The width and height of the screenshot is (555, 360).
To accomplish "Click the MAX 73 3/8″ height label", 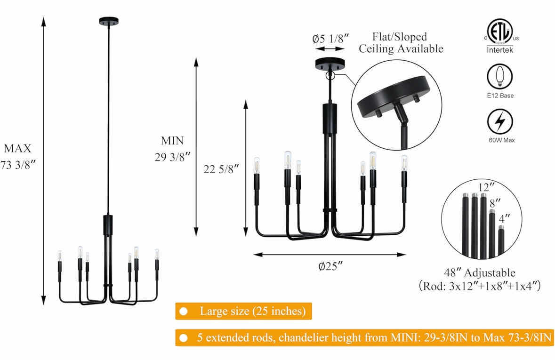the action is tap(18, 156).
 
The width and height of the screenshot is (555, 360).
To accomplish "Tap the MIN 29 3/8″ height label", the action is tap(172, 149).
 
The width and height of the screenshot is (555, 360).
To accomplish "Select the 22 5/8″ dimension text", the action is tap(221, 169).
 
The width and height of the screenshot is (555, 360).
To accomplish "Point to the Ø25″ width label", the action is tap(330, 266).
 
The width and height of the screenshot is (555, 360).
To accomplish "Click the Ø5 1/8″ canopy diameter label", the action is tap(330, 38).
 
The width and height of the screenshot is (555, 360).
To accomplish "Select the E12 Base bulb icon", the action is tap(500, 76).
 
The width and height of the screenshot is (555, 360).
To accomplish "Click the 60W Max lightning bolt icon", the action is tap(500, 121).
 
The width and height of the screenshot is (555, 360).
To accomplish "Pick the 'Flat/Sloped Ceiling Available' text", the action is tap(401, 42).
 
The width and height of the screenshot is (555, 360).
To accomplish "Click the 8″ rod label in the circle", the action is tap(495, 203).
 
